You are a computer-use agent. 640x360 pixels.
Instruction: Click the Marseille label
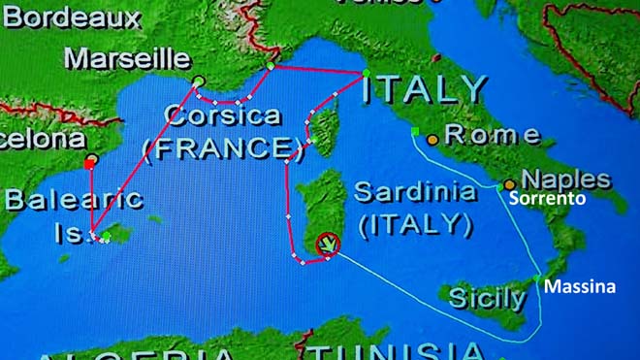point(126,57)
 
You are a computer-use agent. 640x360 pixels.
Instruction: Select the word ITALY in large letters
point(424,89)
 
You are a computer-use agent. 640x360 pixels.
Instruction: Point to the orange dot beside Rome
point(432,139)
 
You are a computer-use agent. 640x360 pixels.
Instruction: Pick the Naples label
point(566,180)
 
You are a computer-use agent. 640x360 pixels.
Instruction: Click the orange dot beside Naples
point(510,183)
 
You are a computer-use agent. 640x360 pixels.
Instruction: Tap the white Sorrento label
point(548,199)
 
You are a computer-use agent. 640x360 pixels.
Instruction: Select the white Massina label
point(579,287)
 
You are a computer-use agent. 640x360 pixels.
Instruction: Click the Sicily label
point(488,298)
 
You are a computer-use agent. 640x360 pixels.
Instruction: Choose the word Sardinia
point(414,191)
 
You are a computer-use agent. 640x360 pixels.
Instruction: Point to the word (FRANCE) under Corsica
point(219,148)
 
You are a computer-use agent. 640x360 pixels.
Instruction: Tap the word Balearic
point(74,201)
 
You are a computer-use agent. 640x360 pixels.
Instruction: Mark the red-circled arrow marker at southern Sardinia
point(329,245)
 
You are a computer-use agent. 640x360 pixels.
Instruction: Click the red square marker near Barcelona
point(89,165)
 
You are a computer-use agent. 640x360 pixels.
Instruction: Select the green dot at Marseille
point(198,81)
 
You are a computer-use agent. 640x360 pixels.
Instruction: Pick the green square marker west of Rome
point(414,131)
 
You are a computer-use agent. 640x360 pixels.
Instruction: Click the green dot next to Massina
point(537,278)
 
